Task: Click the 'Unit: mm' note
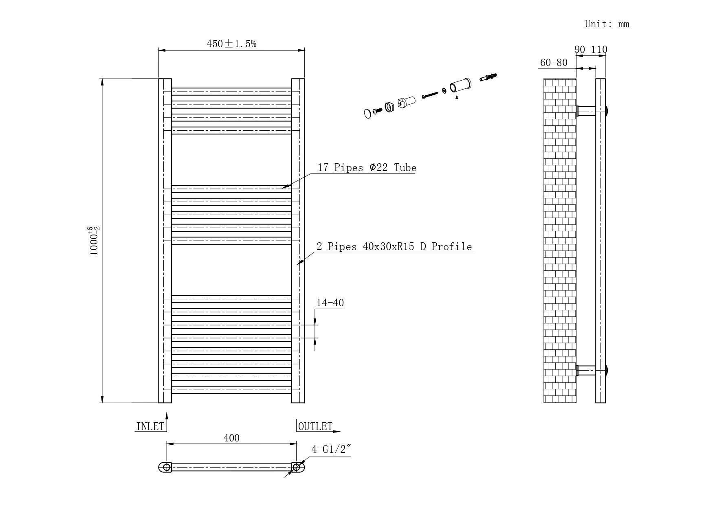pos(607,24)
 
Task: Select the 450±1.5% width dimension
pos(231,44)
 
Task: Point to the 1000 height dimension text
pos(94,241)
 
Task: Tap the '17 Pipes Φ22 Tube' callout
pos(367,167)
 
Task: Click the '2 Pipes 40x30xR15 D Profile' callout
pos(394,246)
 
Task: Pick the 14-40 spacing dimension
pos(330,303)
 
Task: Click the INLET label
pos(150,426)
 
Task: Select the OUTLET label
pos(315,426)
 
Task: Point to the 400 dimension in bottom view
pos(231,438)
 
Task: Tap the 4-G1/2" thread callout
pos(331,449)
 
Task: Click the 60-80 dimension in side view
pos(554,62)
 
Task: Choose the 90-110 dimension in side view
pos(591,49)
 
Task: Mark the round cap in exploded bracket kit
pos(367,113)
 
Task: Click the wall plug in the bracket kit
pos(488,77)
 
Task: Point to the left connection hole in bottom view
pos(167,467)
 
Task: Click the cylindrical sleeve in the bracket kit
pos(460,86)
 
